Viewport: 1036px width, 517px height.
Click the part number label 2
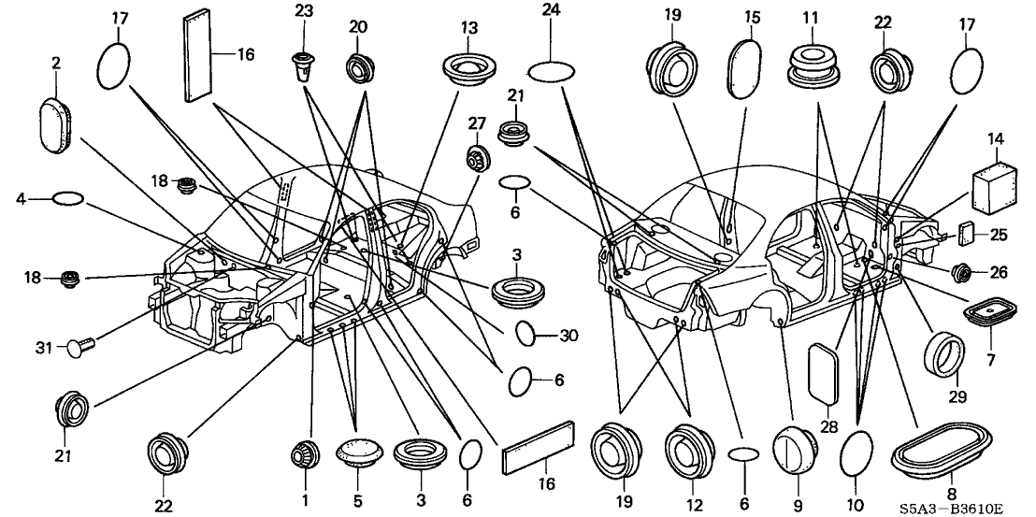pyautogui.click(x=56, y=63)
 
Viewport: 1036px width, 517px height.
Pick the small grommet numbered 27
pyautogui.click(x=479, y=158)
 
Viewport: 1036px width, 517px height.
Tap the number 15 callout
pyautogui.click(x=754, y=18)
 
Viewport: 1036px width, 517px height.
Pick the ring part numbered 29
pyautogui.click(x=942, y=356)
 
